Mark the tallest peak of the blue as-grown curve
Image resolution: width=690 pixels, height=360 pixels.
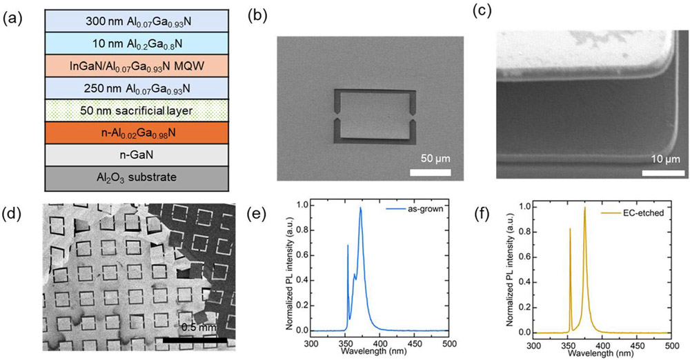click(x=360, y=209)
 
